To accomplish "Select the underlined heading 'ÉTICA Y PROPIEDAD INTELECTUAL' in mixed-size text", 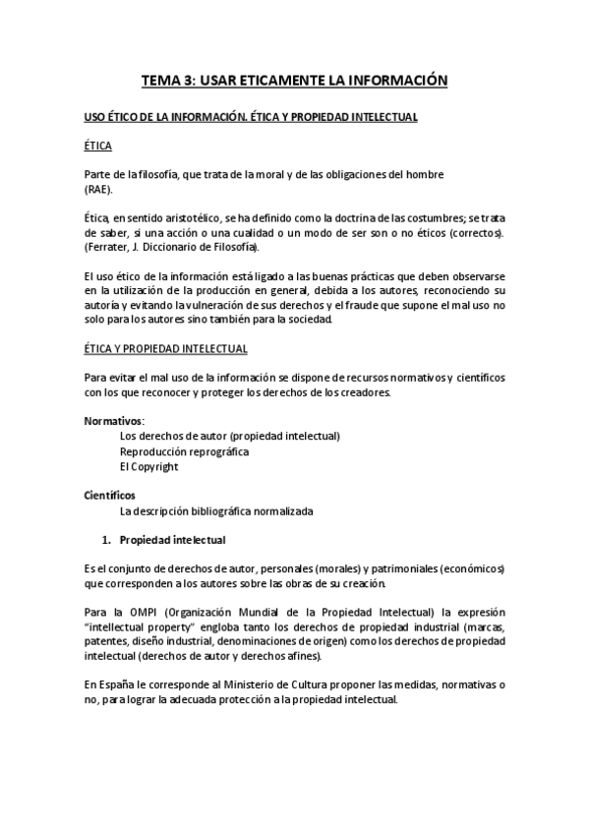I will pyautogui.click(x=165, y=349).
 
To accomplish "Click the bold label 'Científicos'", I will pyautogui.click(x=110, y=495).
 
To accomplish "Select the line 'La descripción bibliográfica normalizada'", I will pyautogui.click(x=216, y=511).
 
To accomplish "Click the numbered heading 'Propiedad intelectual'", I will pyautogui.click(x=173, y=540).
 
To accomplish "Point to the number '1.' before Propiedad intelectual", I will pyautogui.click(x=108, y=540).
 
